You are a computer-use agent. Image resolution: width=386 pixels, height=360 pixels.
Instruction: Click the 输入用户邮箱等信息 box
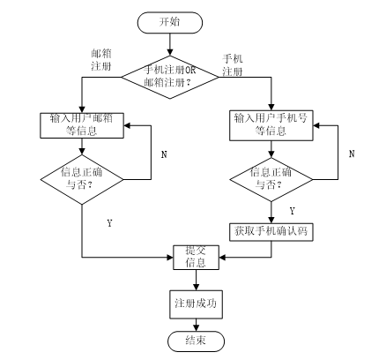coord(80,125)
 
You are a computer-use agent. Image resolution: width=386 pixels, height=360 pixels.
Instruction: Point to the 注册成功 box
coord(195,303)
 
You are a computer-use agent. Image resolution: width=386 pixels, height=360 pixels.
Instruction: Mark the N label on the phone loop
coord(352,153)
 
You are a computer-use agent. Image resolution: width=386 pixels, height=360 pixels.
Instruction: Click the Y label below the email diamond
coord(108,224)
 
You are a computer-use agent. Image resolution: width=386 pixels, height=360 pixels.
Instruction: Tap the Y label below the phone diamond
coord(292,211)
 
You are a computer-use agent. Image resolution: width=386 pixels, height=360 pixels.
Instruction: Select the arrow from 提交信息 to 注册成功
coord(195,280)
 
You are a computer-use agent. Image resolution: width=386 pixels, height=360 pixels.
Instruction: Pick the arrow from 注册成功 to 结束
coord(195,323)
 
